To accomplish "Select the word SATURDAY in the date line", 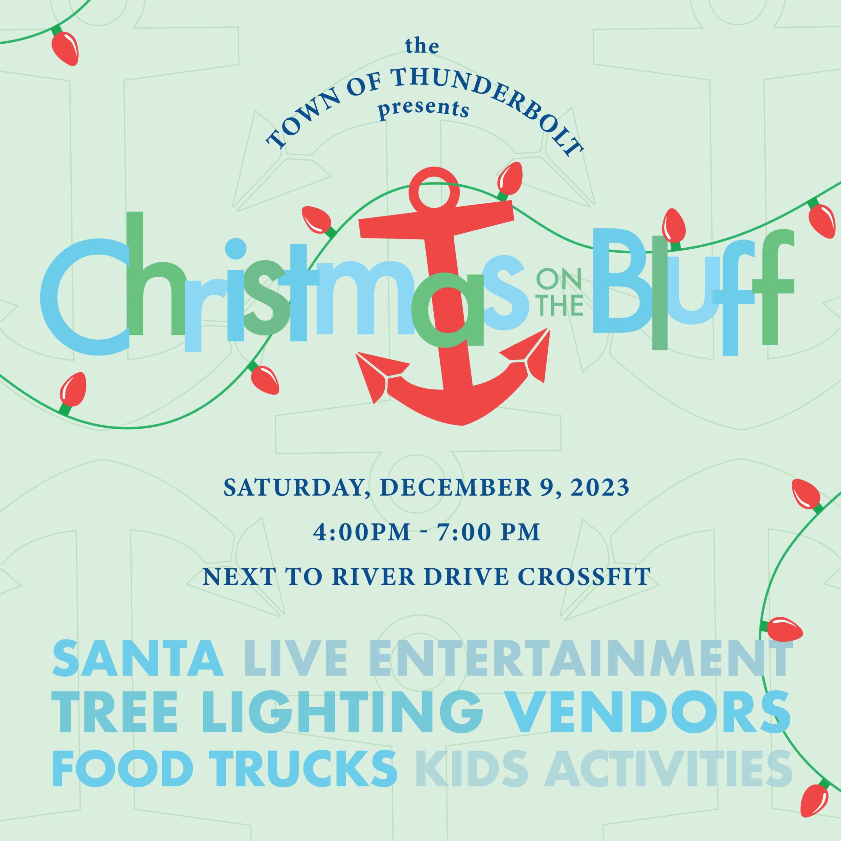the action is click(293, 488).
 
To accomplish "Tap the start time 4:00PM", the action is click(361, 532).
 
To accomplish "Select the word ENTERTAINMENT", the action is click(579, 658).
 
